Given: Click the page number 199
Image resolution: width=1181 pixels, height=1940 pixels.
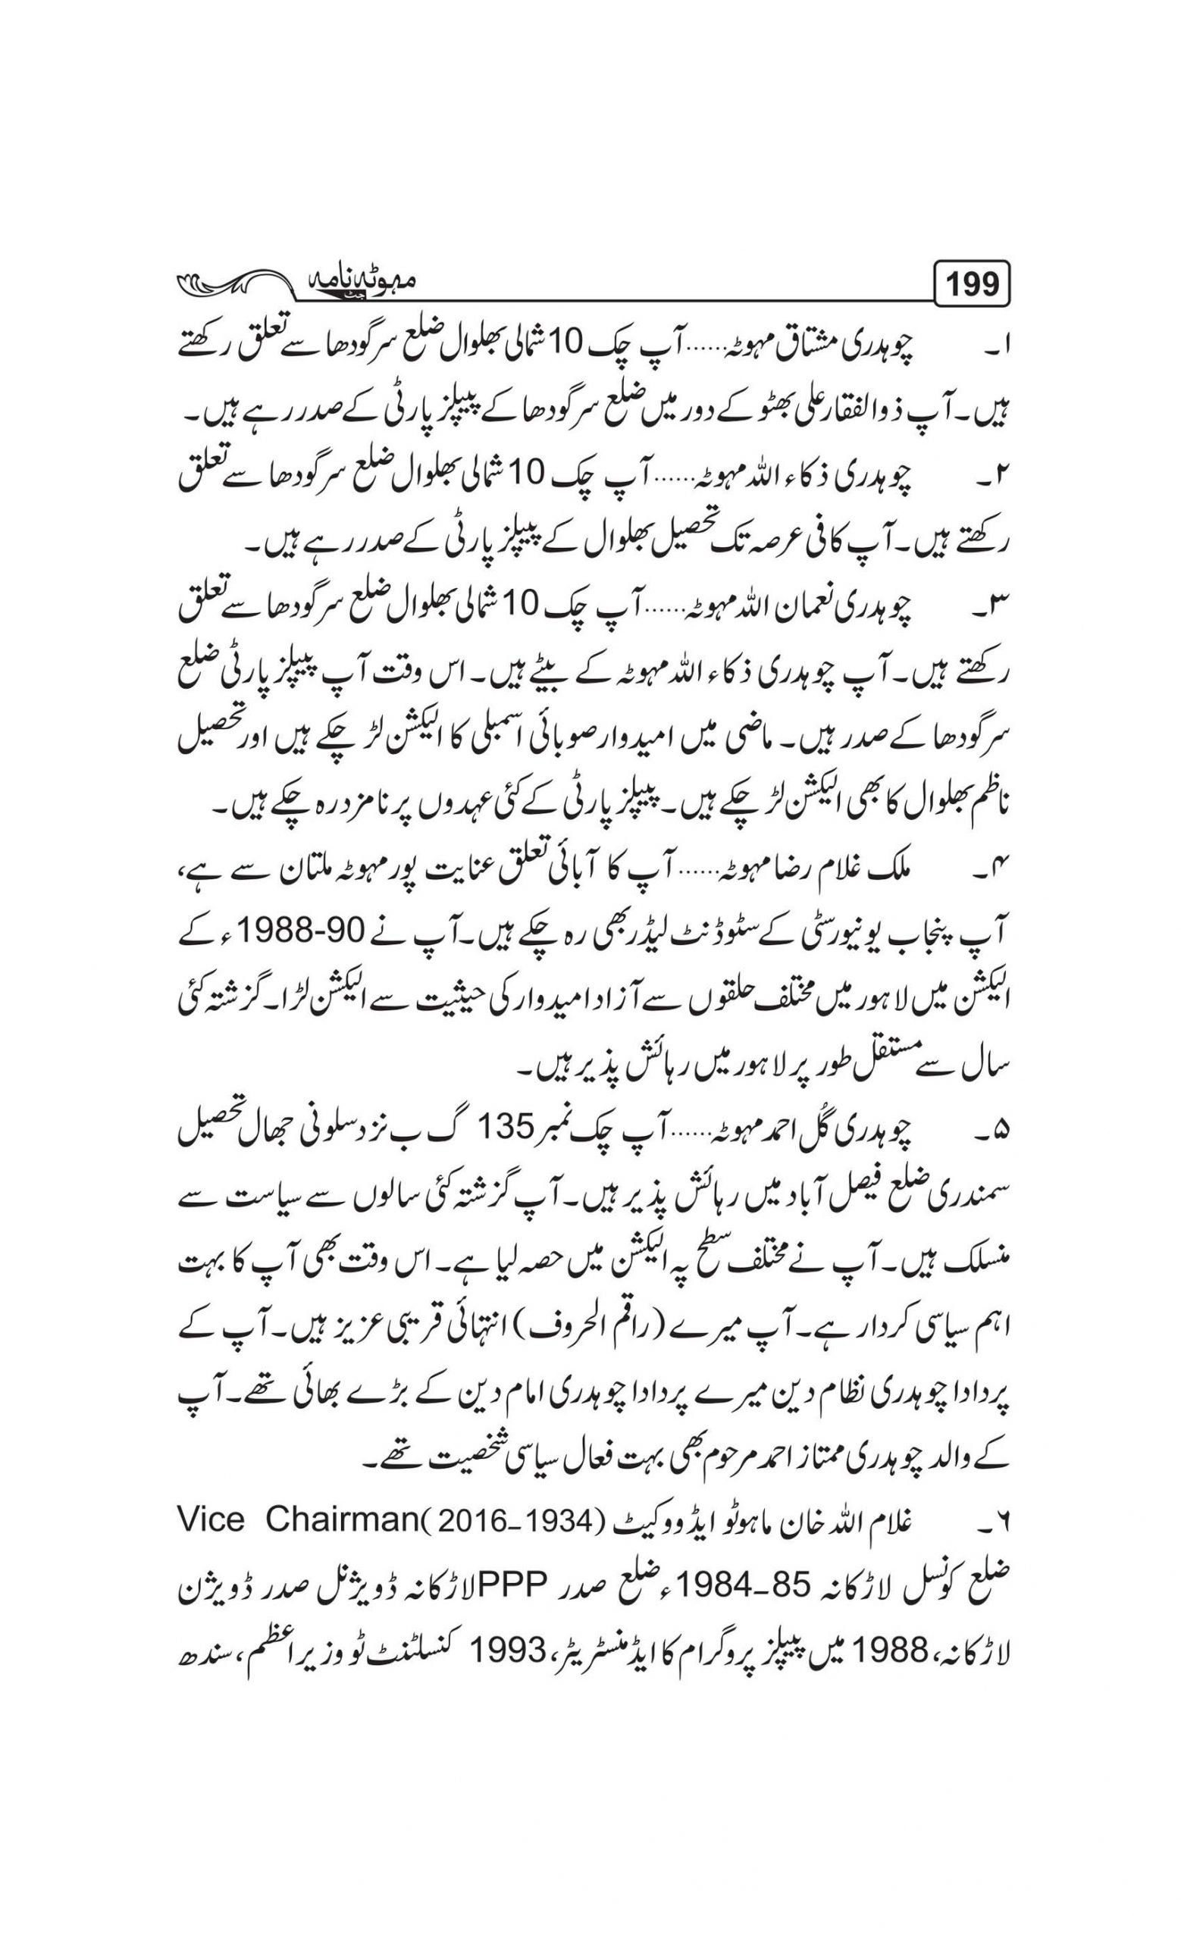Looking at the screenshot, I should coord(973,284).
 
